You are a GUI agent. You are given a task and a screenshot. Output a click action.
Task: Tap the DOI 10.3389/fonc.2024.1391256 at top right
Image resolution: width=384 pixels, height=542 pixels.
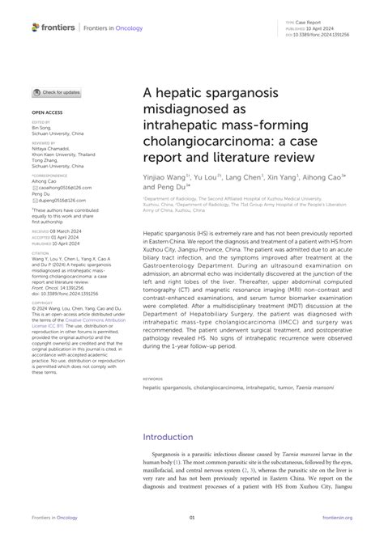coord(328,36)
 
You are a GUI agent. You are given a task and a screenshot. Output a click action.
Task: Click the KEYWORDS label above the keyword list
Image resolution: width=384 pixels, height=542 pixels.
coord(152,378)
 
